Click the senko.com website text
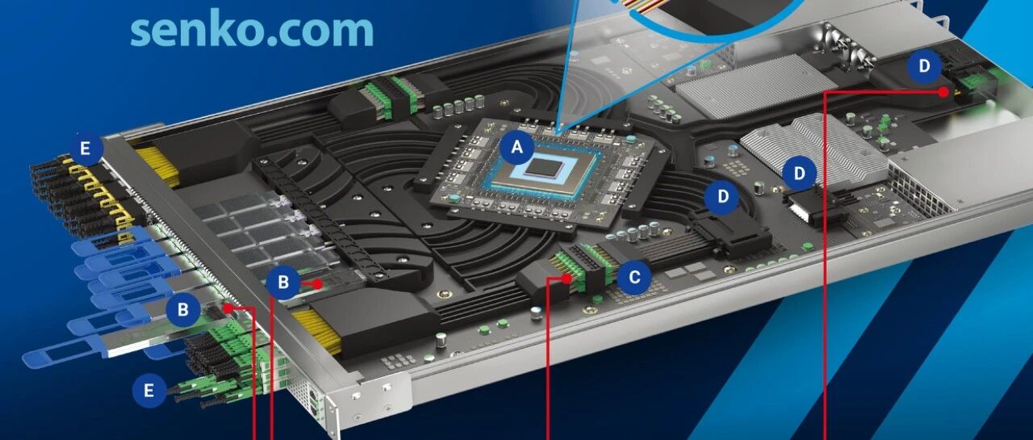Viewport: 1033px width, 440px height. coord(252,30)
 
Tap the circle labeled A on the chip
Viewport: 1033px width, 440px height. coord(517,147)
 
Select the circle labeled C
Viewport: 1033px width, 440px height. coord(634,277)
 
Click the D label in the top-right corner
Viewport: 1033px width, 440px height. coord(924,66)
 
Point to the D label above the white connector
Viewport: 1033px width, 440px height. coord(799,174)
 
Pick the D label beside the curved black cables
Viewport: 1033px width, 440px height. coord(722,197)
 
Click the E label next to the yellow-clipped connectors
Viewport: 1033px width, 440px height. coord(86,149)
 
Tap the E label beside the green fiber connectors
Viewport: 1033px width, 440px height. coord(148,391)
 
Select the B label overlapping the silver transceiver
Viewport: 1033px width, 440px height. coord(183,309)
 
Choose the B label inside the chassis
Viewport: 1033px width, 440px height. coord(283,282)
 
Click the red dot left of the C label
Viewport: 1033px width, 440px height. coord(567,279)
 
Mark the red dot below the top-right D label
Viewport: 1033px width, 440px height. coord(944,92)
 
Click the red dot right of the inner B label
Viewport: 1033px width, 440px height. coord(317,284)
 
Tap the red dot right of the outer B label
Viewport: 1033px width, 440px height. coord(228,308)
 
